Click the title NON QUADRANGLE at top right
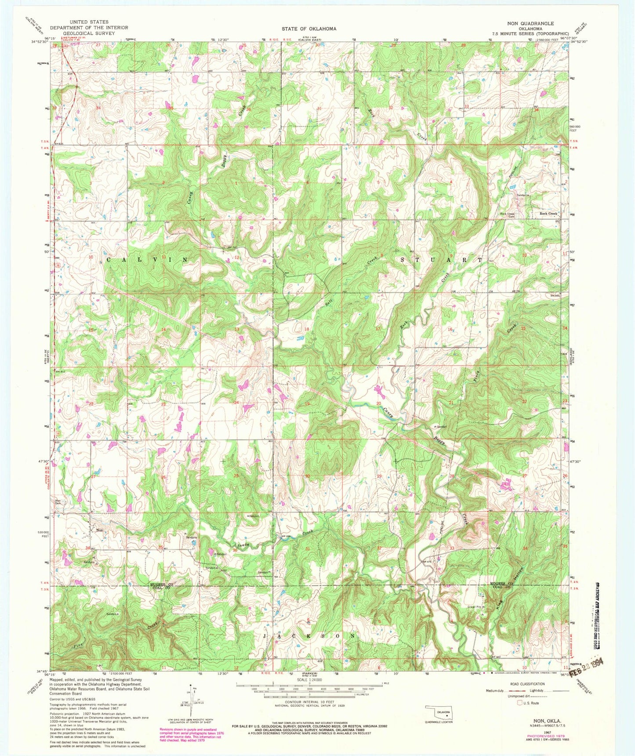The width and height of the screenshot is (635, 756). tap(536, 23)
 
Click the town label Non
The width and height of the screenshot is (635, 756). tap(100, 530)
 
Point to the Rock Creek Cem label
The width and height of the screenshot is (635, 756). tap(507, 215)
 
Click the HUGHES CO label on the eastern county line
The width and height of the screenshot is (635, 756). tap(501, 583)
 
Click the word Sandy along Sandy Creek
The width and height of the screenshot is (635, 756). tap(244, 545)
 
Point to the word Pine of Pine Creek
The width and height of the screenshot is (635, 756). tap(79, 645)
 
